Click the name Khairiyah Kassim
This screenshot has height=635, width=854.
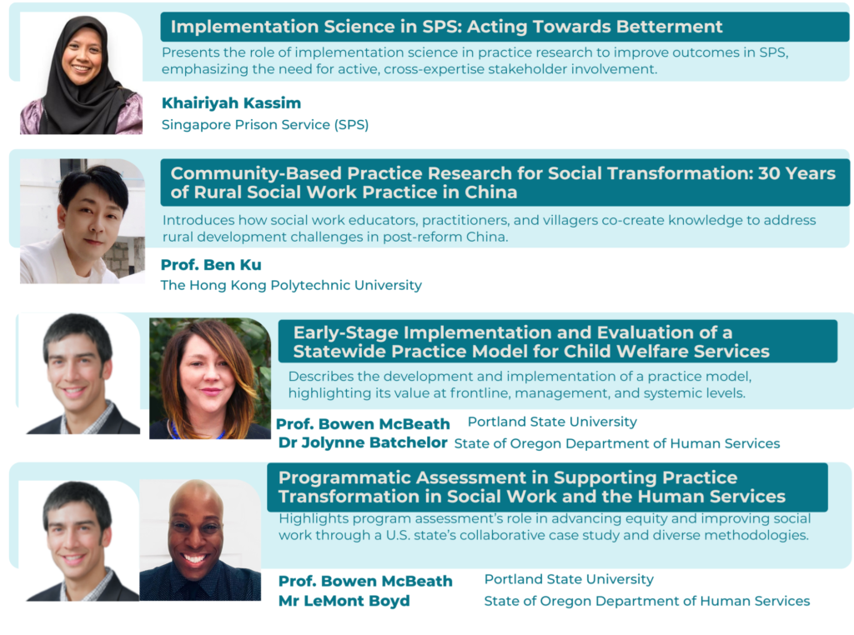coord(231,102)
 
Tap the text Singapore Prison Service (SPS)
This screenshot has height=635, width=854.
coord(265,125)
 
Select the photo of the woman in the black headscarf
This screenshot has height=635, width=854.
coord(81,73)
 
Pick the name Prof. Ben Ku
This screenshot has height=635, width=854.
coord(211,265)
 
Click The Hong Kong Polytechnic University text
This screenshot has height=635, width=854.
coord(291,285)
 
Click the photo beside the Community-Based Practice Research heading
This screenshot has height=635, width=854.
coord(83,221)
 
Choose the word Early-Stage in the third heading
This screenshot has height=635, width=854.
coord(345,332)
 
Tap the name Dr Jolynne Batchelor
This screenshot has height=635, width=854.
coord(363,443)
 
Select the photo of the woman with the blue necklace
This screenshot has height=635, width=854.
coord(210,378)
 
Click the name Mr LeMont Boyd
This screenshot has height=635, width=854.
coord(344,601)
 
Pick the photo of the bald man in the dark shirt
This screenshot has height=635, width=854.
coord(200,540)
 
